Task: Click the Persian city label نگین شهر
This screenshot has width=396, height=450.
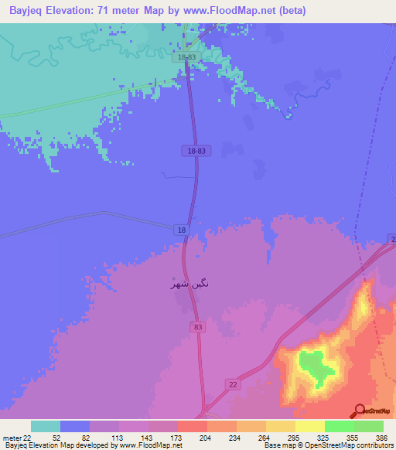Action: coord(189,284)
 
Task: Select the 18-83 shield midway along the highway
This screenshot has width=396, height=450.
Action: coord(197,152)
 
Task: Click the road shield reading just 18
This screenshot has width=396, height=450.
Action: coord(181,230)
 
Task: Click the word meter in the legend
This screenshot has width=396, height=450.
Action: coord(11,437)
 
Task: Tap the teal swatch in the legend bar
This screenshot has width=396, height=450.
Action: coord(45,426)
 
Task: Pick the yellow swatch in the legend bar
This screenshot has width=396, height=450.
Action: coord(309,426)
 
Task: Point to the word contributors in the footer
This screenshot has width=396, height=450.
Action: coord(373,445)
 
